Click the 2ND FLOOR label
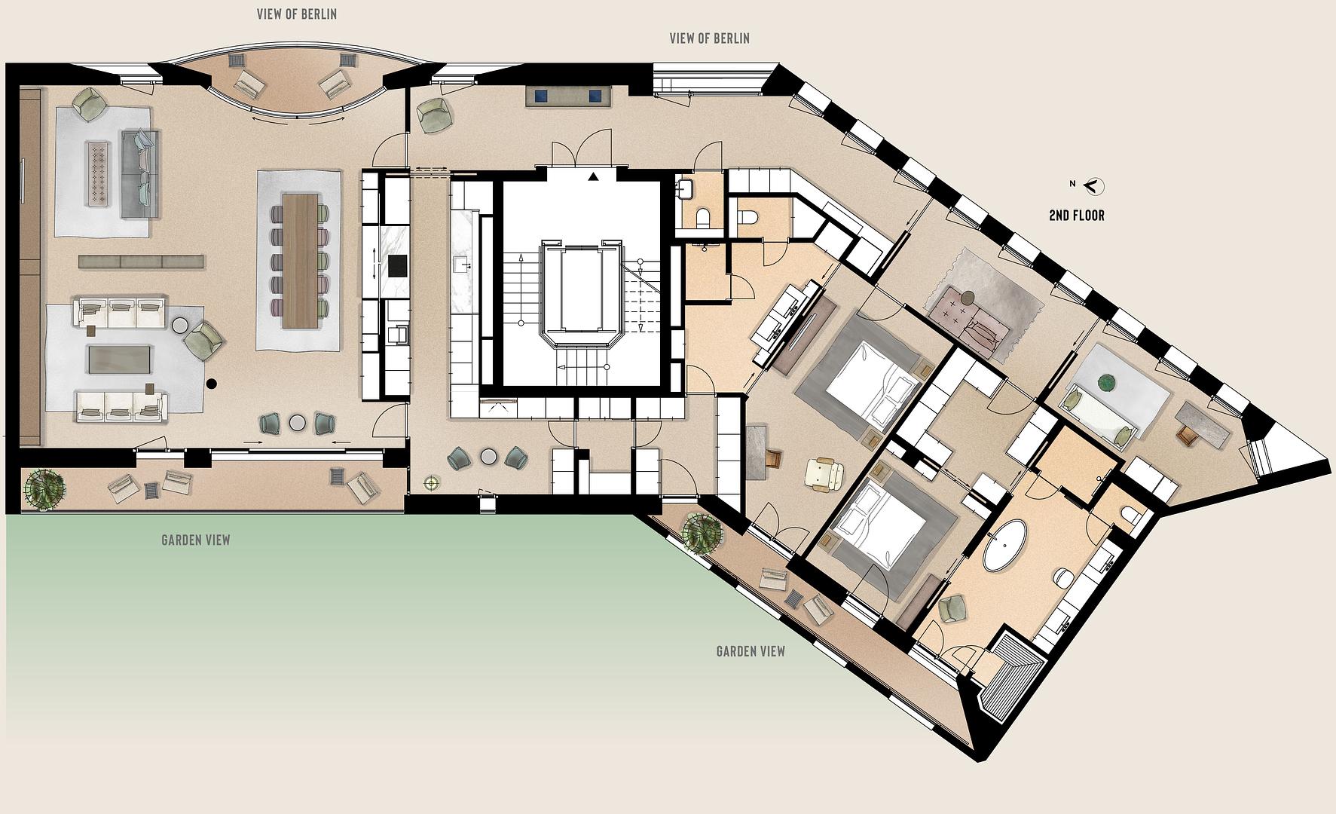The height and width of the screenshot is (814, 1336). [1077, 216]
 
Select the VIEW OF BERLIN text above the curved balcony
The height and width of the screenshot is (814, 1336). [297, 14]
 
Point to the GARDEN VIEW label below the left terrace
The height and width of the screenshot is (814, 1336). [196, 540]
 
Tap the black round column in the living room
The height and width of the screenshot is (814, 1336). [211, 383]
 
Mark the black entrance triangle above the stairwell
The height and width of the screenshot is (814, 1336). [594, 177]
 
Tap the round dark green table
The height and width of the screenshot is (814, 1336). [1108, 383]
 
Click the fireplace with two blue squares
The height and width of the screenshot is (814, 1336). [569, 96]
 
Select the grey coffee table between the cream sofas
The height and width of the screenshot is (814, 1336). [121, 359]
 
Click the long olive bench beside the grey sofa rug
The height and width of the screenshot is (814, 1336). [142, 262]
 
